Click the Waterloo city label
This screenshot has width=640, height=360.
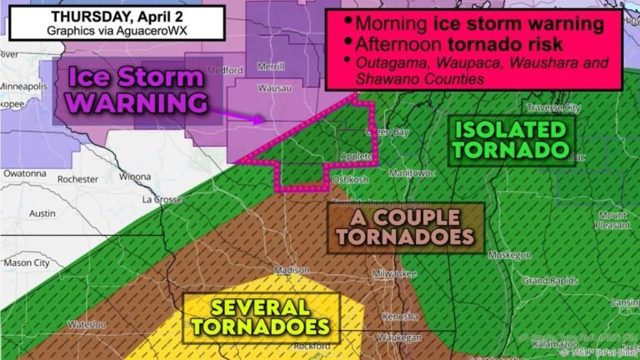(x=87, y=323)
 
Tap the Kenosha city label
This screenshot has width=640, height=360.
(x=399, y=317)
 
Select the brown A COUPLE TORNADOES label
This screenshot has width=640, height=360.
(x=405, y=227)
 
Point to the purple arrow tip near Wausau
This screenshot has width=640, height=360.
(x=265, y=120)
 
